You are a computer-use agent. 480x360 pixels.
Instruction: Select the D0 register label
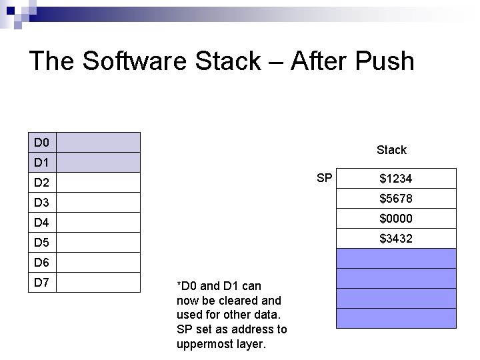pyautogui.click(x=42, y=143)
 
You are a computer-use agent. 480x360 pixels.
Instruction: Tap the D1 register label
pyautogui.click(x=42, y=163)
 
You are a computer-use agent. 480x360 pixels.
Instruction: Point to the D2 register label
pyautogui.click(x=42, y=183)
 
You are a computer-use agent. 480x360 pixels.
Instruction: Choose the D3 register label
pyautogui.click(x=42, y=203)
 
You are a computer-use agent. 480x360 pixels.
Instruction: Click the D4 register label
pyautogui.click(x=42, y=223)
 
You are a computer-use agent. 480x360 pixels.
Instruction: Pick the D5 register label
pyautogui.click(x=42, y=243)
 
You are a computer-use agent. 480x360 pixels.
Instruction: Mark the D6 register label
pyautogui.click(x=42, y=263)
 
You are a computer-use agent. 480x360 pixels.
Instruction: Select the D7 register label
pyautogui.click(x=42, y=282)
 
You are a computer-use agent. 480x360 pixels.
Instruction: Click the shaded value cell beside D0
pyautogui.click(x=99, y=143)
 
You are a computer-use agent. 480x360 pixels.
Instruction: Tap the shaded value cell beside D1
pyautogui.click(x=99, y=163)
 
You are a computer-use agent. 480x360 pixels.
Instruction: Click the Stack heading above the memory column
pyautogui.click(x=391, y=150)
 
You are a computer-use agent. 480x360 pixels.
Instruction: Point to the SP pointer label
pyautogui.click(x=325, y=178)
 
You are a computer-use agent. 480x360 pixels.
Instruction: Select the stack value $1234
pyautogui.click(x=395, y=179)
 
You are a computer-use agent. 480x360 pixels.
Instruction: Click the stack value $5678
pyautogui.click(x=395, y=199)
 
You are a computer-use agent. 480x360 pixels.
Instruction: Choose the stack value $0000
pyautogui.click(x=395, y=219)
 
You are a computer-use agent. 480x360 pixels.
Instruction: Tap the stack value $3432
pyautogui.click(x=395, y=239)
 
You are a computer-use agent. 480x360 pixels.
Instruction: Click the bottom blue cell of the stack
pyautogui.click(x=396, y=318)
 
